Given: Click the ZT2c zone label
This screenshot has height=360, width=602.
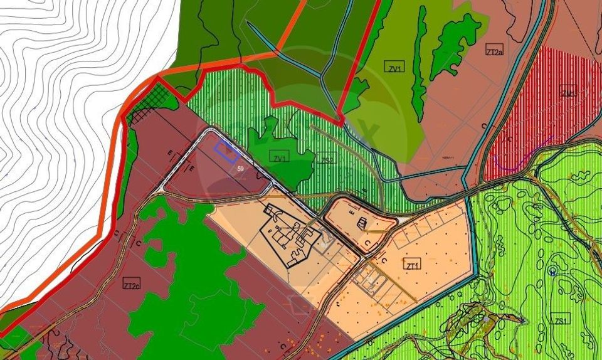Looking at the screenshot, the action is click(x=132, y=283).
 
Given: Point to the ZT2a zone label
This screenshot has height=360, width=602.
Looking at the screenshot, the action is click(x=494, y=51).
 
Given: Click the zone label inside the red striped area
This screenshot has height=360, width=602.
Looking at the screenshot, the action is click(x=568, y=93).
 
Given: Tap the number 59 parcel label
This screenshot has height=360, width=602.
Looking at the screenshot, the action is click(x=241, y=169).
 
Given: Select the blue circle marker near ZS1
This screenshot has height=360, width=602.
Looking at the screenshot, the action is click(x=552, y=271).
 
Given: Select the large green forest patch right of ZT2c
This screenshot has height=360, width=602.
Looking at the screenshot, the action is click(x=188, y=282).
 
